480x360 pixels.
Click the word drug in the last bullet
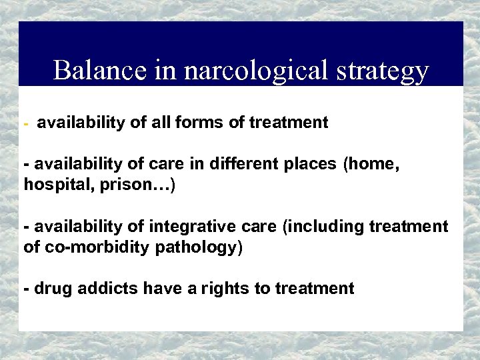pos(51,289)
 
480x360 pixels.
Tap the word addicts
pos(101,289)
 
